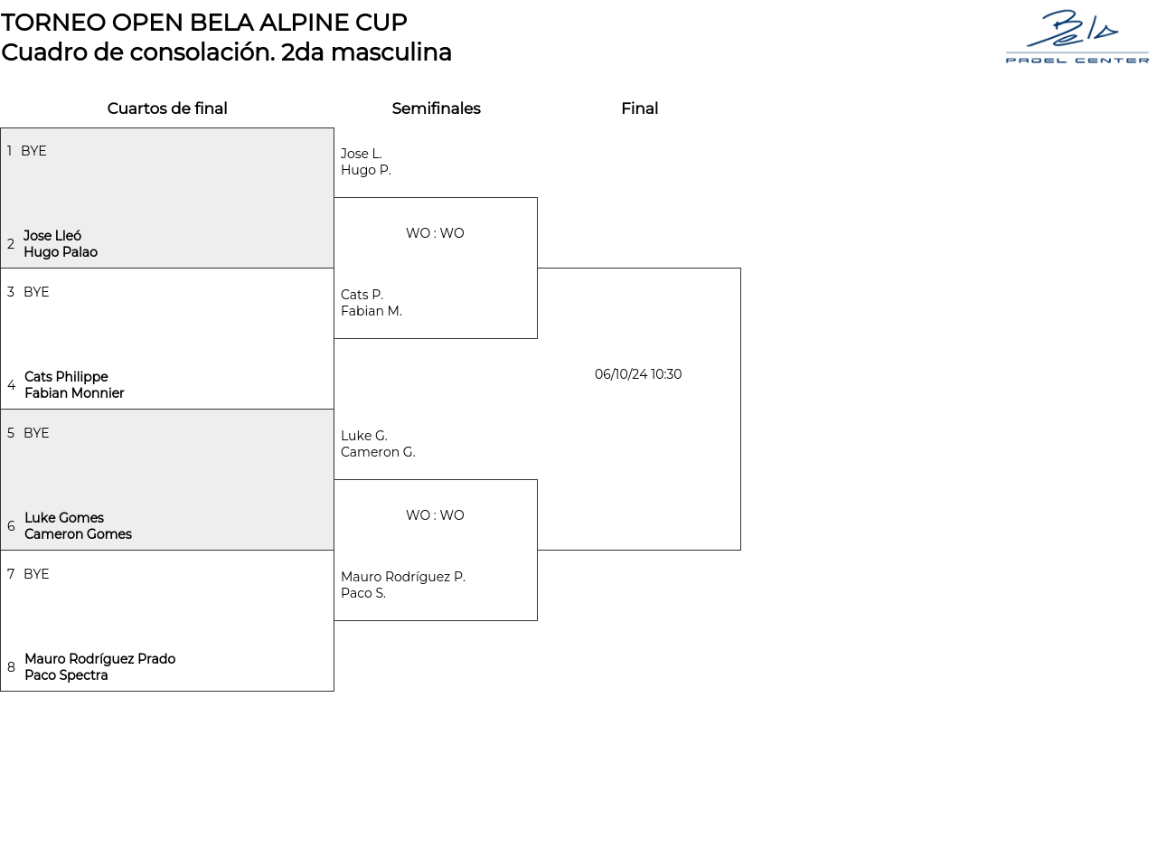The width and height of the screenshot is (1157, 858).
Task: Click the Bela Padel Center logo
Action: coord(1077,37)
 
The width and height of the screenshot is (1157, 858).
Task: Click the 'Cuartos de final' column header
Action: coord(167,108)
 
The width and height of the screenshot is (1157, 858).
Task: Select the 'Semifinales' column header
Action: coord(436,108)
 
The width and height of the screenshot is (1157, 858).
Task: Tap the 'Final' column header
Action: coord(639,108)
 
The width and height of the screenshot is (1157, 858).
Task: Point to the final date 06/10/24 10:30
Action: coord(638,374)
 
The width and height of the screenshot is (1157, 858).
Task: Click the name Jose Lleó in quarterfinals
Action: coord(52,236)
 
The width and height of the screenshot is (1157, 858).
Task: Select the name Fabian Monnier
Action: coord(74,393)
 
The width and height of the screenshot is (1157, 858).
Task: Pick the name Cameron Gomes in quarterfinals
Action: coord(78,534)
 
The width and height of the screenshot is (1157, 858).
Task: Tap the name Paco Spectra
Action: coord(66,675)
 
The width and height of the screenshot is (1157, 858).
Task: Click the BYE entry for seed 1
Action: coord(33,151)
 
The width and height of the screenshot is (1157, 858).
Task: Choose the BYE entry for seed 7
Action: coord(36,574)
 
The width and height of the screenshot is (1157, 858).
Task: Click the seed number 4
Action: coord(11,385)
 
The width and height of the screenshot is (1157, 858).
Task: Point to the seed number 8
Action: coord(11,667)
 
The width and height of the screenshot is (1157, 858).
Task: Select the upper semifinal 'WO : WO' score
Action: coord(435,233)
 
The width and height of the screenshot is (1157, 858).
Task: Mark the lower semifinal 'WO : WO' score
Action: coord(435,515)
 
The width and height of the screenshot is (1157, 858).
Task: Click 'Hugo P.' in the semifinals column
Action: coord(365,170)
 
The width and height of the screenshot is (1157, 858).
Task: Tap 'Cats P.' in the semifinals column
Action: coord(362,295)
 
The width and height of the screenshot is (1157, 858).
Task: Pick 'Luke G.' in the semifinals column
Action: coord(363,436)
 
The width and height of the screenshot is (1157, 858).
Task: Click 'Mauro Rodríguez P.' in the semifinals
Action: coord(402,577)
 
